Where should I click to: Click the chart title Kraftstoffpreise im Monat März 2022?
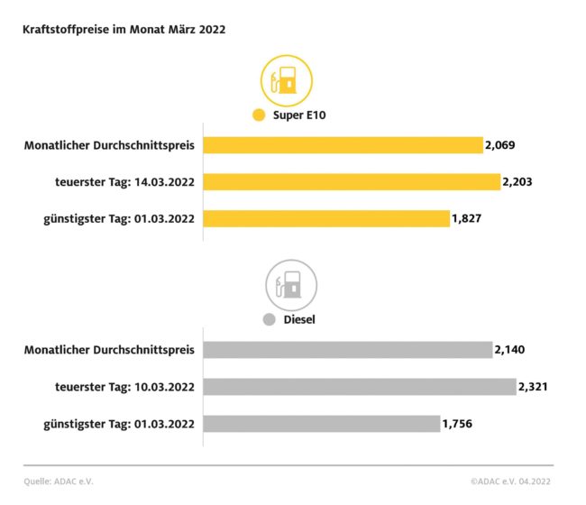pos(124,29)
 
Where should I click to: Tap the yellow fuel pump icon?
pos(286,81)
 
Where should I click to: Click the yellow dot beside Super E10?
pos(260,115)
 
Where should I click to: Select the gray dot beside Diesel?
pos(268,319)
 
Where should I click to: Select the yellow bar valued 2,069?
pos(343,145)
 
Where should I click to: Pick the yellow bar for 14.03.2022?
pos(352,182)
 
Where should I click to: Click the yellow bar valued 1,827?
pos(326,219)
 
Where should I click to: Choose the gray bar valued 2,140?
pos(348,350)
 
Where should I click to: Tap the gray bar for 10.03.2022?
pos(360,387)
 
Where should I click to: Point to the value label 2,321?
pos(534,387)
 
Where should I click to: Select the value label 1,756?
pos(458,424)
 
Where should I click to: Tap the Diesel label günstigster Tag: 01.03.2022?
pos(119,424)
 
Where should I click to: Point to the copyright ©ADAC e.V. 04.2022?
pos(511,482)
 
